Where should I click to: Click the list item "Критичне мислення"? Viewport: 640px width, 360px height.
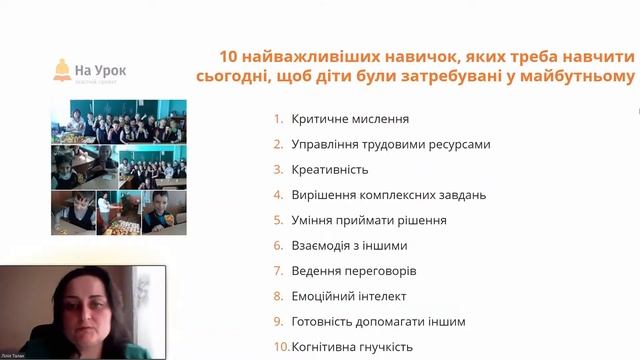pos(336,119)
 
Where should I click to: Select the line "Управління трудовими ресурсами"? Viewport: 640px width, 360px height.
pos(390,144)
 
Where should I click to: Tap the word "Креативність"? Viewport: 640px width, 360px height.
pos(330,170)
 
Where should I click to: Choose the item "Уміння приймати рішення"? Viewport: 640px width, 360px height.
pos(368,220)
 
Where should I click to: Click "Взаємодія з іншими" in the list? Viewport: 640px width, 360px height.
pos(349,245)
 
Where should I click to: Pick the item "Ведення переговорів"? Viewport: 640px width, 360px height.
pos(353,271)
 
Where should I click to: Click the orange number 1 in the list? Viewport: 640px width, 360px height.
pos(279,119)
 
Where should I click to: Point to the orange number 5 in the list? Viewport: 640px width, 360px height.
pos(279,220)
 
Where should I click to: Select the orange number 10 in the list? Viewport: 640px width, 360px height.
pos(281,347)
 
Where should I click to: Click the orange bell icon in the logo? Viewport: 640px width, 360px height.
pos(63,70)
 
